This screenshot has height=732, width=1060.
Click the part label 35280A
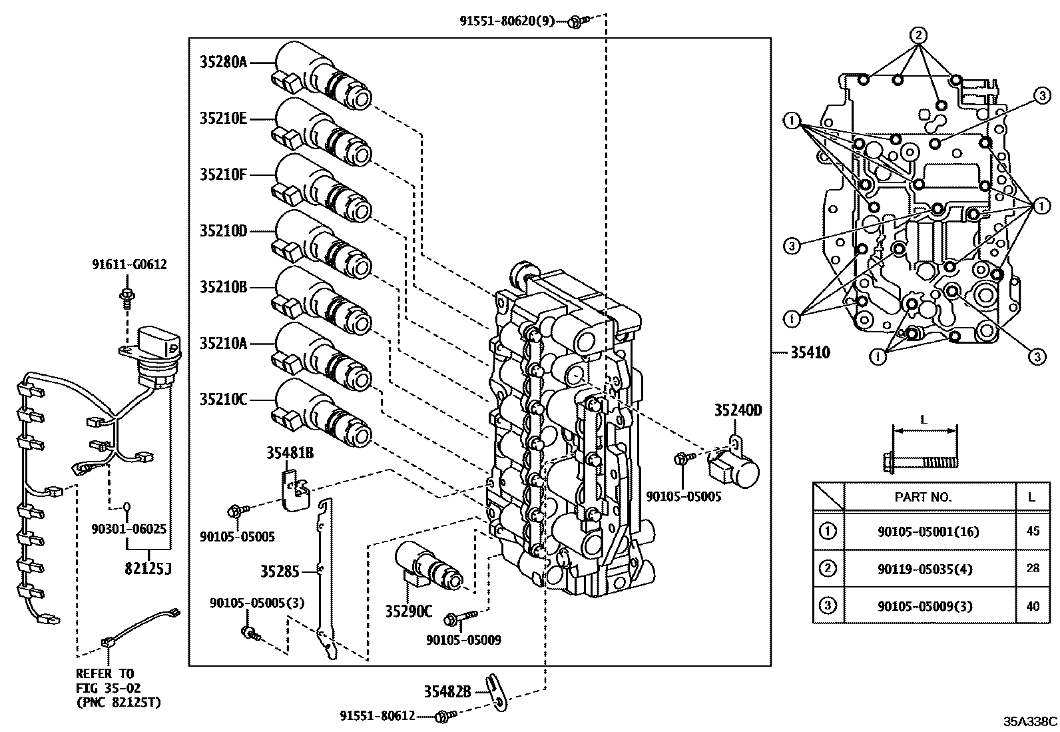coord(223,63)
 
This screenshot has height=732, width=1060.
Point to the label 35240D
coord(738,410)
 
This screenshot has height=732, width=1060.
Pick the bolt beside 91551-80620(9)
coord(576,22)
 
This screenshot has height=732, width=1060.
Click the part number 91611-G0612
coord(129,264)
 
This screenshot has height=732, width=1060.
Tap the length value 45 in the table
coord(1033,532)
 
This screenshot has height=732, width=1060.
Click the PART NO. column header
coord(923,497)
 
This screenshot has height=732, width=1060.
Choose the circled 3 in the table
coord(827,605)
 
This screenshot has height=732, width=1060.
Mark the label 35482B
coord(447,692)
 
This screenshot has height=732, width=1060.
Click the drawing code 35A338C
coord(1030,721)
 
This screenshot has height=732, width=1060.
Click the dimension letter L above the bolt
coord(924,420)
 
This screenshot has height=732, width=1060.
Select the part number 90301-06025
coord(129,529)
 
